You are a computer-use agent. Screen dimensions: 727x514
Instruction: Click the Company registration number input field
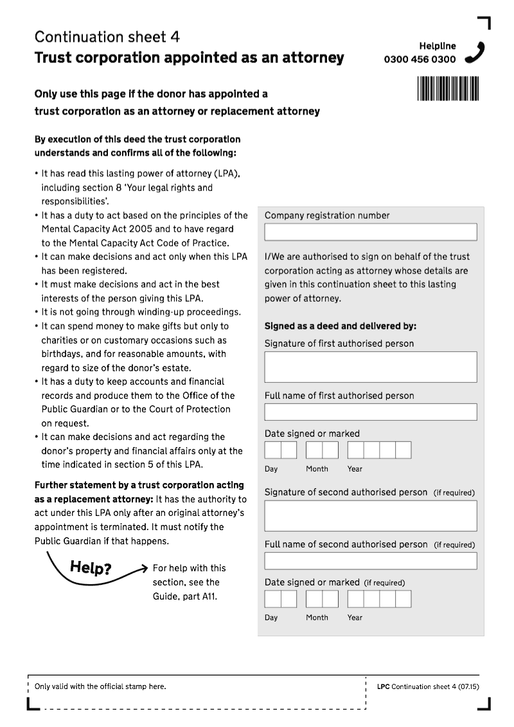click(370, 232)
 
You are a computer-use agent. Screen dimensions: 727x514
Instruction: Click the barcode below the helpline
click(448, 88)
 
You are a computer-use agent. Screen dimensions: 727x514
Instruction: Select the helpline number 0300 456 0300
click(420, 60)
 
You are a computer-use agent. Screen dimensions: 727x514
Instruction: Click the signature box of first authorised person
click(370, 367)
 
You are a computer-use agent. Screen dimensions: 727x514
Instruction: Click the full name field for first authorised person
click(370, 412)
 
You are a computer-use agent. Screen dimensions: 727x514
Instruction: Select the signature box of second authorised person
click(370, 515)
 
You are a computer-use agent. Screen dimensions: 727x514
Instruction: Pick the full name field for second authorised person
click(370, 561)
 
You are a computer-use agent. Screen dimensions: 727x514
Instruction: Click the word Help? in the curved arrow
click(90, 568)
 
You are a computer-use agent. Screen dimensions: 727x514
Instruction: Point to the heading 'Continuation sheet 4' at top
click(107, 37)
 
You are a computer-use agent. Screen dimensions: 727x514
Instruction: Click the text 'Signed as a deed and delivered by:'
click(341, 326)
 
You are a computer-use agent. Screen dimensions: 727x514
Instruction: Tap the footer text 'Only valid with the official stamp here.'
click(100, 686)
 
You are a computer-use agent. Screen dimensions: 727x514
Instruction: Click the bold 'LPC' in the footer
click(383, 687)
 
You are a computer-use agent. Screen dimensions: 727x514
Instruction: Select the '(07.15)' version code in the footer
click(469, 687)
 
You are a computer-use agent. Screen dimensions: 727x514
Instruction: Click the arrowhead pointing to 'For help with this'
click(145, 567)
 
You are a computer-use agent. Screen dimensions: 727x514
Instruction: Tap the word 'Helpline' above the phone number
click(438, 46)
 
